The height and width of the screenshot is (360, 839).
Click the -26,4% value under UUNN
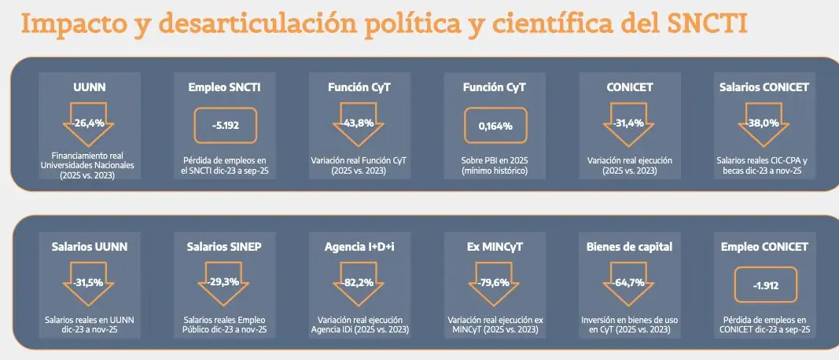(x=90, y=123)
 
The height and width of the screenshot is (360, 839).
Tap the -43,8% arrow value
(x=359, y=123)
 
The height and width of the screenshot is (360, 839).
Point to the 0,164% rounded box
(x=495, y=125)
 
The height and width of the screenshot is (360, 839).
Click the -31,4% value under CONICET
(x=628, y=123)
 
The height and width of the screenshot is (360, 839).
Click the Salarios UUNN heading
(x=90, y=246)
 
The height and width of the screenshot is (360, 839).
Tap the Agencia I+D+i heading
(x=359, y=246)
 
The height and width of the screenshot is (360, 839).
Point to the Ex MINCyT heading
(x=495, y=246)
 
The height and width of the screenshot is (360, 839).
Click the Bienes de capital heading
(x=629, y=246)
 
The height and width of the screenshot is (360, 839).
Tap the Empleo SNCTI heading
(x=225, y=87)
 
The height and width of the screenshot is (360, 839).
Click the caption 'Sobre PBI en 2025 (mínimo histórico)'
(x=495, y=164)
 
